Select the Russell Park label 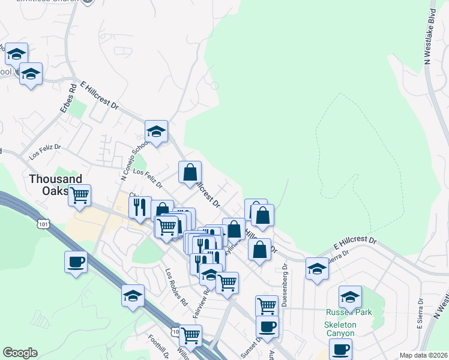tap(349, 313)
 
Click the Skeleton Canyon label tap(340, 328)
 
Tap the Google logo tap(20, 353)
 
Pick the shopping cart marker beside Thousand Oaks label tap(79, 195)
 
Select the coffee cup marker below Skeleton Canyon tap(340, 349)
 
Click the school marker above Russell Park tap(350, 296)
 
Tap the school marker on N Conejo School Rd tap(156, 131)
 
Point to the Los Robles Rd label tap(176, 286)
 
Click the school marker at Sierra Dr tap(316, 269)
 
